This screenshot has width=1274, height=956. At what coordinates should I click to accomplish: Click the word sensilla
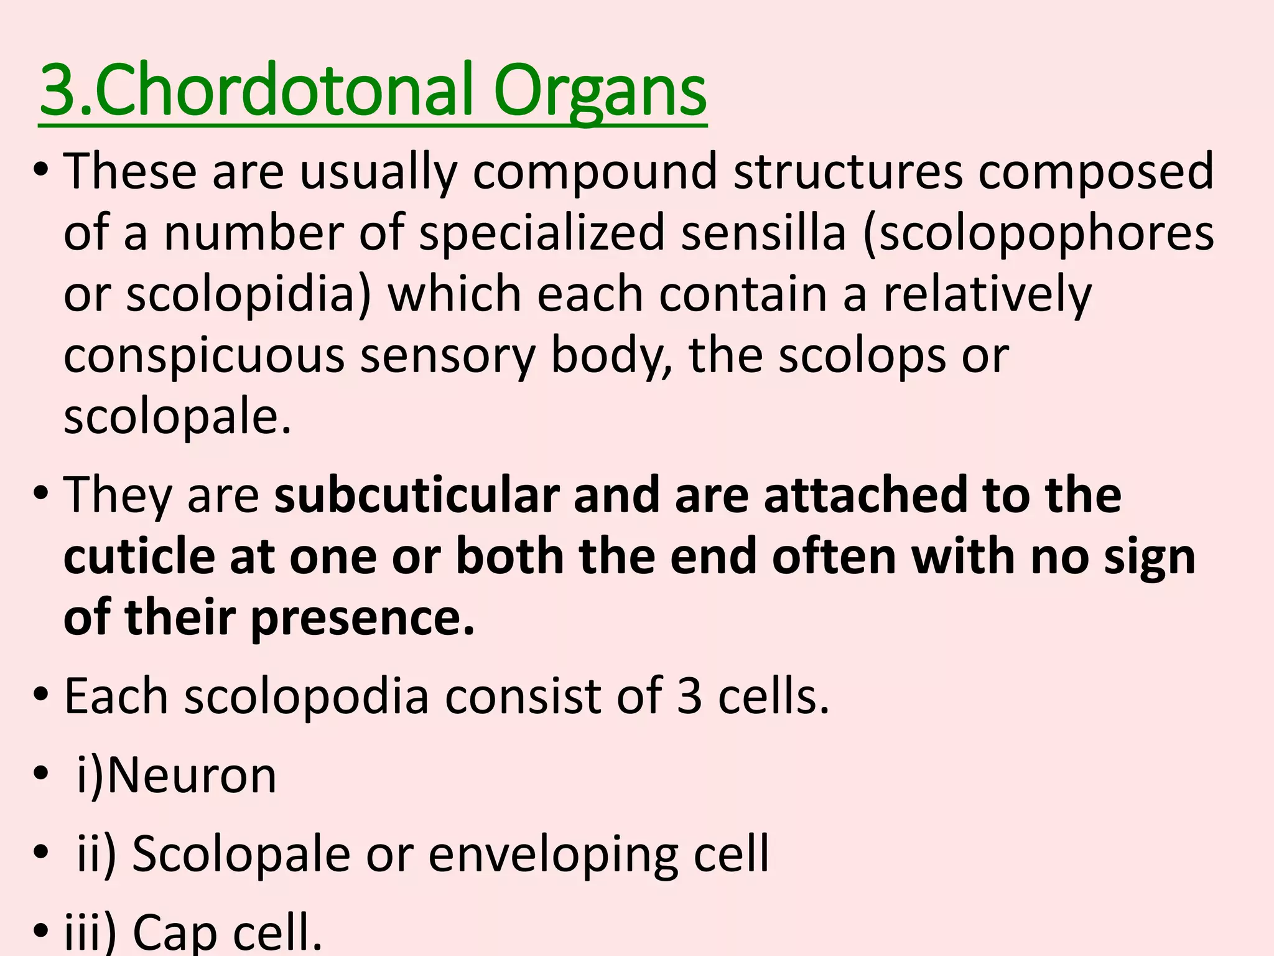(764, 232)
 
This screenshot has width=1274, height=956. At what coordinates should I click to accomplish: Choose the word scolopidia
(248, 294)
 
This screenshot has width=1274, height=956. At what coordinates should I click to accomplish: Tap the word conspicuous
(205, 356)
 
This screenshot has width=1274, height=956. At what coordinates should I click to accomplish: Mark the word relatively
(987, 294)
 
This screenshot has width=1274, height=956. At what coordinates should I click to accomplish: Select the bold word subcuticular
(417, 495)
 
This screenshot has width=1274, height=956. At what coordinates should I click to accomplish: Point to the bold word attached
(865, 495)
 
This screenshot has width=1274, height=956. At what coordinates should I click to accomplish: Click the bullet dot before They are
(42, 495)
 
